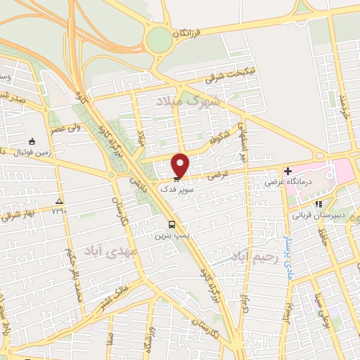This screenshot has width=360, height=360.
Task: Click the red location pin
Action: (x=181, y=165)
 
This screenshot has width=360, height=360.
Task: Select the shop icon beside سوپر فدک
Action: (x=176, y=179)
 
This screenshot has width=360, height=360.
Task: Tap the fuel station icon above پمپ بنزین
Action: (x=163, y=225)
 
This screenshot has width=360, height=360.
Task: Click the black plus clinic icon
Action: (x=288, y=170)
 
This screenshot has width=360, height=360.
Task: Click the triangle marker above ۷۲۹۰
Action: (x=59, y=200)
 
